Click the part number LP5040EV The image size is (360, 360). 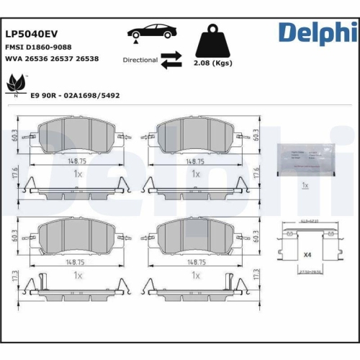click(x=32, y=33)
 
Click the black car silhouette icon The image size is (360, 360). click(x=151, y=34)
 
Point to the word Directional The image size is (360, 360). click(x=140, y=60)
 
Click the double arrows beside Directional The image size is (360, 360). click(x=171, y=60)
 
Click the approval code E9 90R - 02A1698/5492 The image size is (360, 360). click(x=75, y=95)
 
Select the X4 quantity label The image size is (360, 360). click(x=307, y=255)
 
